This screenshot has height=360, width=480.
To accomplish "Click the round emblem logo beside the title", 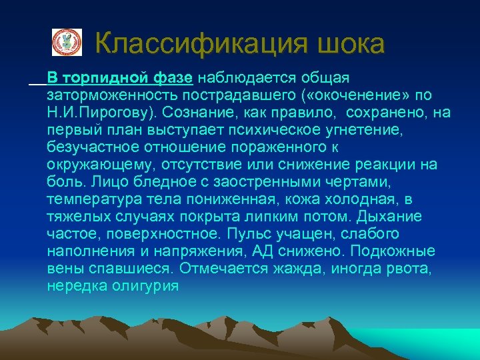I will click(67, 42).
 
